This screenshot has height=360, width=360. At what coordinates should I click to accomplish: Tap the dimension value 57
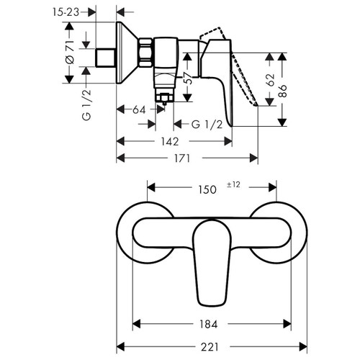(189, 79)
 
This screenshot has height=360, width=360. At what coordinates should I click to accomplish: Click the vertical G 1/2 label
(86, 102)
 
